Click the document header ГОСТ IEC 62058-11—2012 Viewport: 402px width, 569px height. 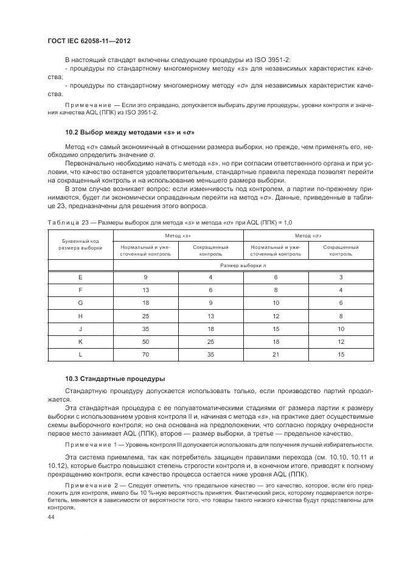pos(89,41)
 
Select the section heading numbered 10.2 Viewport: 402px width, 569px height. pos(130,132)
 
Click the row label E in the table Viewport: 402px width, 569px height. pos(80,278)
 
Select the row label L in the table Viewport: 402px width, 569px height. pos(80,354)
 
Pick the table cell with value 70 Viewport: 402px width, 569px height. pos(145,354)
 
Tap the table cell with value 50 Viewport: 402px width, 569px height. pos(145,341)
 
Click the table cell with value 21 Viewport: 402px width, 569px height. pos(276,354)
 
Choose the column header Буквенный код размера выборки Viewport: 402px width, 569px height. pos(80,245)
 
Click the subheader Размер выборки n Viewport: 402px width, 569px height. pos(243,265)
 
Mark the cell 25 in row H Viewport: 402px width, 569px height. pos(145,316)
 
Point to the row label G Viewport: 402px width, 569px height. pos(80,303)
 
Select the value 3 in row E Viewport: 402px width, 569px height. pos(341,278)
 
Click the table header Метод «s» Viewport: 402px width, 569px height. pos(178,235)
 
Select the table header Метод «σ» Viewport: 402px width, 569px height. pos(308,235)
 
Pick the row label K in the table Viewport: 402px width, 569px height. pos(80,341)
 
